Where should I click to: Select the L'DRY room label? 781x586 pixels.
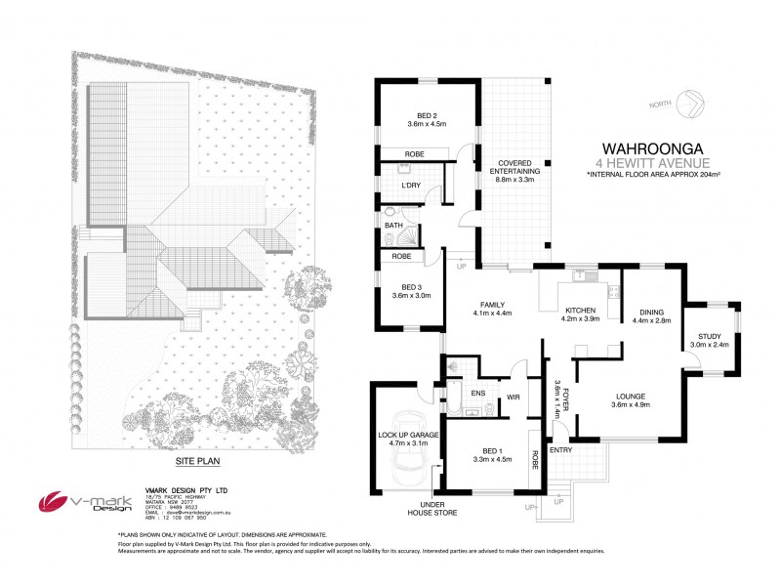coord(411,186)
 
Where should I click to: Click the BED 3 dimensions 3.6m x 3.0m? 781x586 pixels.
coord(410,294)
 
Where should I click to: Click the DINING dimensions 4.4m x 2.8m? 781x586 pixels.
coord(652,319)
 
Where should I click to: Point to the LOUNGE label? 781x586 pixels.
coord(630,397)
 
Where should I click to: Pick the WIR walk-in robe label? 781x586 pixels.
coord(512,398)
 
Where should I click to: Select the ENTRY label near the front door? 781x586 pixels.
coord(560,450)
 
